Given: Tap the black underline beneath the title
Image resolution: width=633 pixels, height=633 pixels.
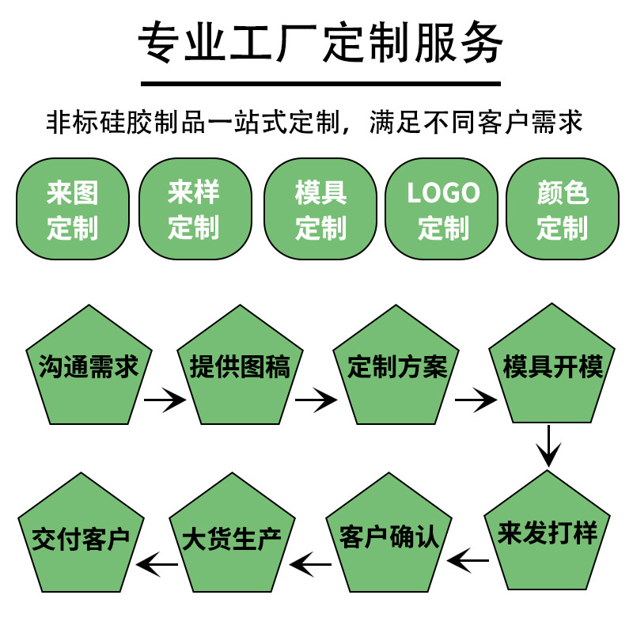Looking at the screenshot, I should (x=320, y=83).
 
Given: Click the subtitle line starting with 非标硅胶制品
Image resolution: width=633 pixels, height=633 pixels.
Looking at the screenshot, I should (x=315, y=123).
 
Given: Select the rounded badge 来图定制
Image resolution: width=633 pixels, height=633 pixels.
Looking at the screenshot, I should (x=72, y=209).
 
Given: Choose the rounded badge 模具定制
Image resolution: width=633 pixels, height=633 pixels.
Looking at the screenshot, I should (x=320, y=209).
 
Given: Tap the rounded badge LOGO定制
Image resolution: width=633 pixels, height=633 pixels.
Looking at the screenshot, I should (x=442, y=209).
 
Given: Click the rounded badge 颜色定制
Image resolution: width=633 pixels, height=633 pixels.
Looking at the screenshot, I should (x=563, y=209).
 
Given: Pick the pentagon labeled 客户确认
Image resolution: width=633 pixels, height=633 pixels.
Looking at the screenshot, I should (x=389, y=536).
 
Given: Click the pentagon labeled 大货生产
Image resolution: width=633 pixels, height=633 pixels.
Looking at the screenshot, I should (x=231, y=536).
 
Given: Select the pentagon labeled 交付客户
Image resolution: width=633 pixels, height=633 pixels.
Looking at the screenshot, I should (x=81, y=536).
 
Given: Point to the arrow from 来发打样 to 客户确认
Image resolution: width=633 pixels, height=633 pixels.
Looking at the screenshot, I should (x=468, y=561).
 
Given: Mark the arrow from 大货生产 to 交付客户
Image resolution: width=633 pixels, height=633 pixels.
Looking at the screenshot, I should (x=157, y=564).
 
